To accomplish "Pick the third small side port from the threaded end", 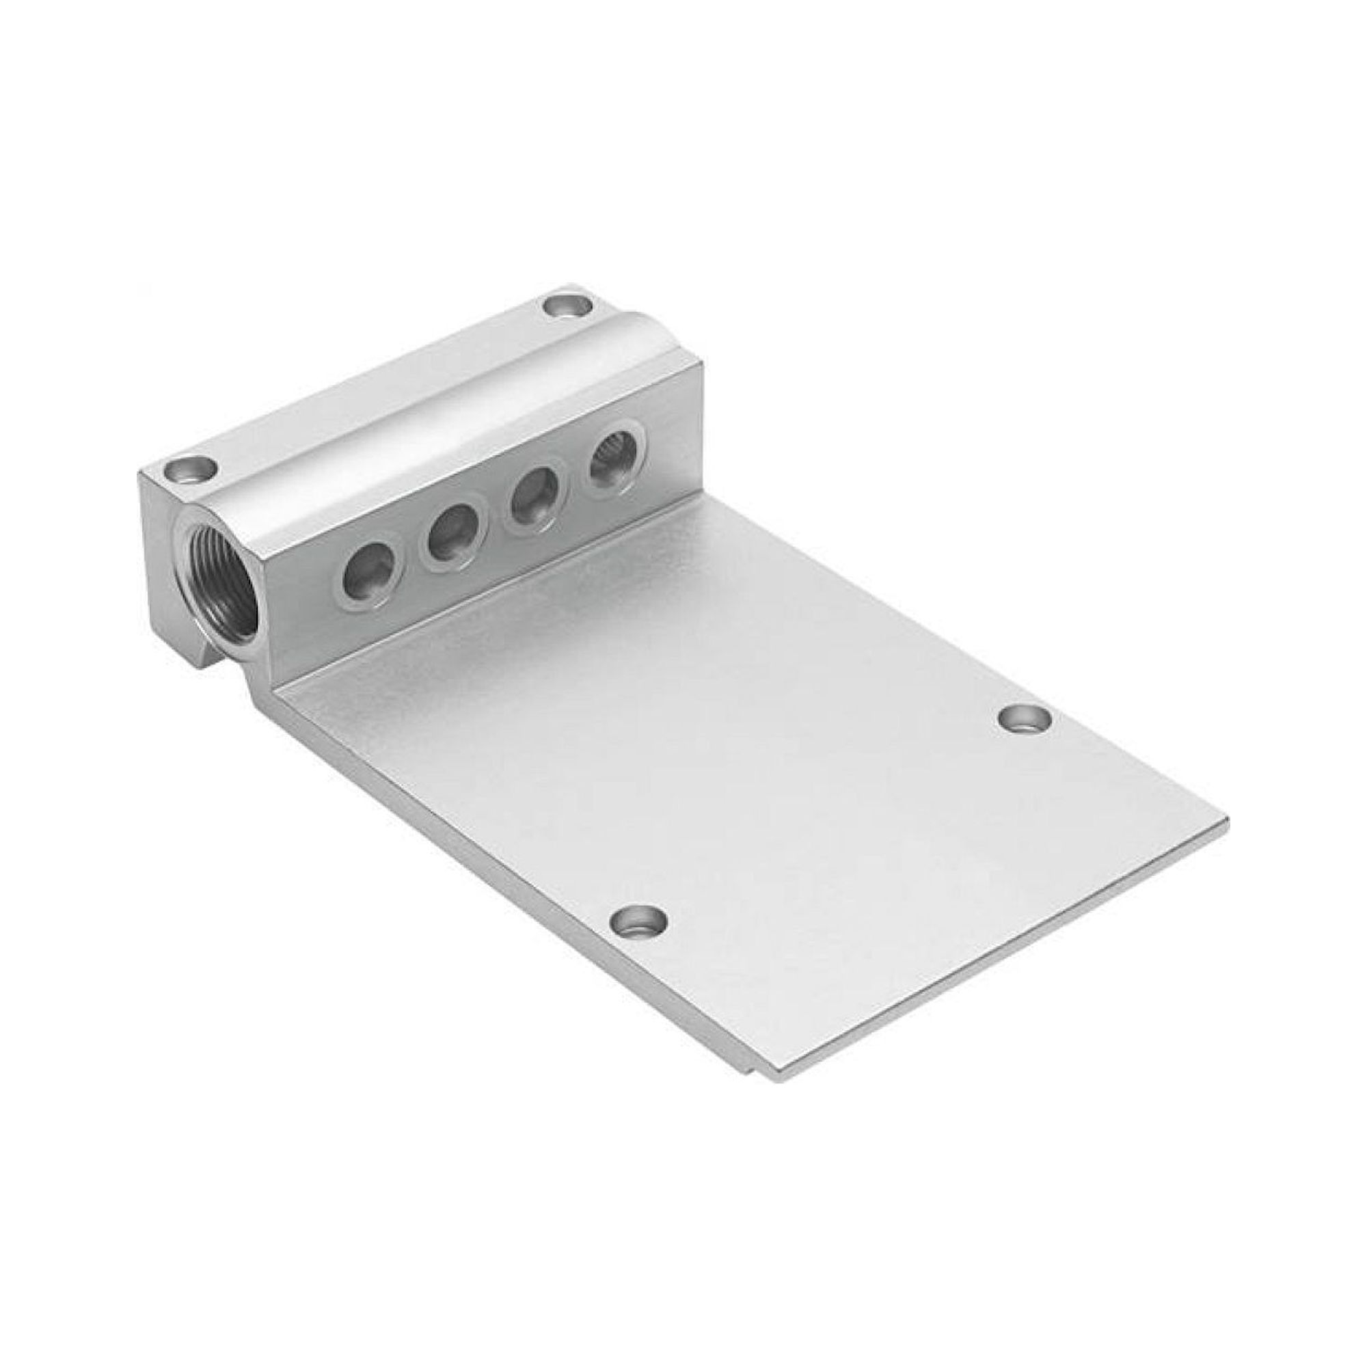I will coord(535,503).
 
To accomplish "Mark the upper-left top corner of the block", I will coord(139,475).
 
